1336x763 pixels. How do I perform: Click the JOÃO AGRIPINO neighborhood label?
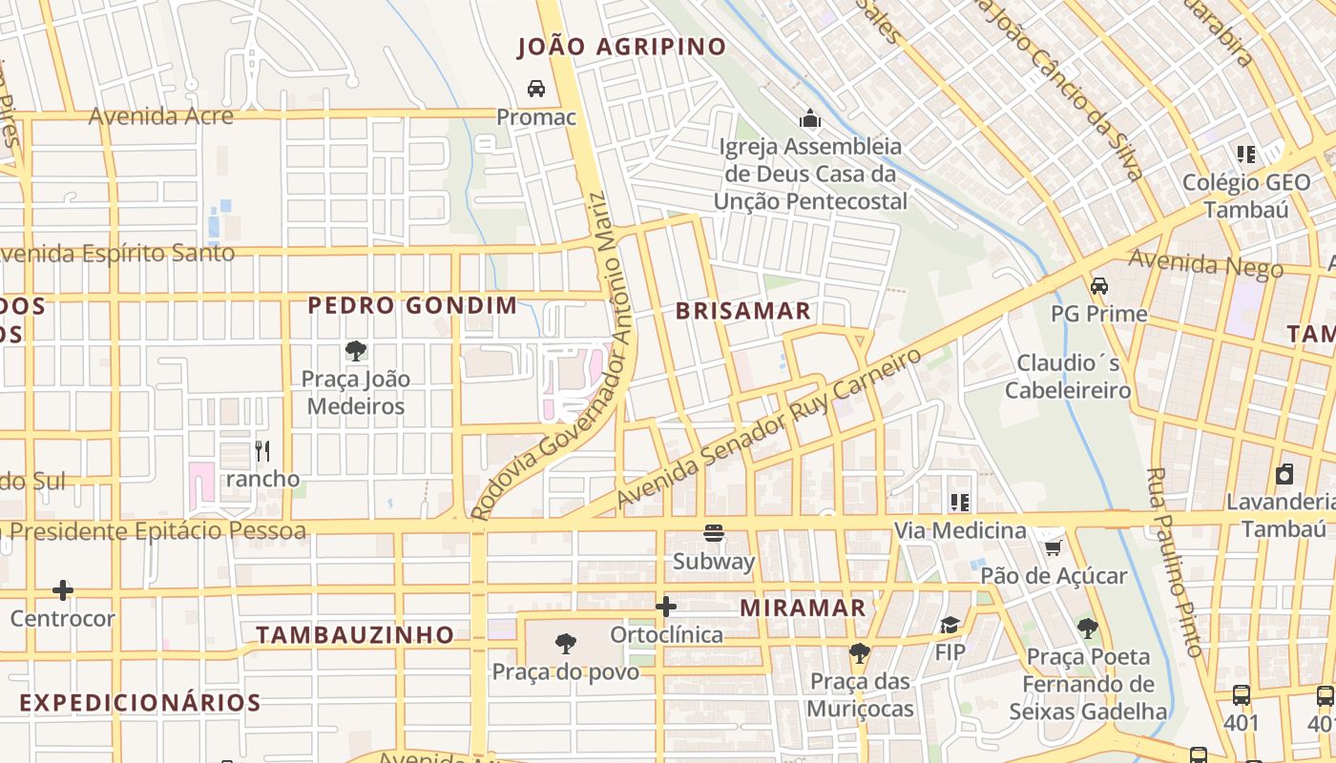[x=621, y=47]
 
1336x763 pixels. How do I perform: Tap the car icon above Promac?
[x=536, y=89]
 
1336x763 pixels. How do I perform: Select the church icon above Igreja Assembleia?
[x=811, y=118]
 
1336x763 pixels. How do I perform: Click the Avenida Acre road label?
[x=160, y=116]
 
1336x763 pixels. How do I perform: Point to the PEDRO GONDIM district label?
[x=412, y=306]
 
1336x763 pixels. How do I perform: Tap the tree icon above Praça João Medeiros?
[x=356, y=351]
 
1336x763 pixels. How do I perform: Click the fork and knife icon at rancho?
[x=262, y=450]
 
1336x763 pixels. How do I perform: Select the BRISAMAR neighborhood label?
[x=743, y=311]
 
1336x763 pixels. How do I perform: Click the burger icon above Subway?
[x=714, y=533]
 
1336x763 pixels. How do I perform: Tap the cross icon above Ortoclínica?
[x=666, y=606]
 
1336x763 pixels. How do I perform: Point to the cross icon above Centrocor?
[x=63, y=590]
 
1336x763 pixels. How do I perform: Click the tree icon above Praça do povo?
[x=566, y=644]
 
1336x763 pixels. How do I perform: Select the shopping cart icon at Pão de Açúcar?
[x=1054, y=547]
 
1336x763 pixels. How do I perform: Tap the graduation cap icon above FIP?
[x=950, y=625]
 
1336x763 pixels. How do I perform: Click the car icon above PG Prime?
[x=1099, y=285]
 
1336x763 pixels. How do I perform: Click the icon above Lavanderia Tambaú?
[x=1285, y=474]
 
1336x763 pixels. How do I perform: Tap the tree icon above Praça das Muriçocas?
[x=860, y=652]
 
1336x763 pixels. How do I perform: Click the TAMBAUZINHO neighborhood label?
[x=355, y=634]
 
